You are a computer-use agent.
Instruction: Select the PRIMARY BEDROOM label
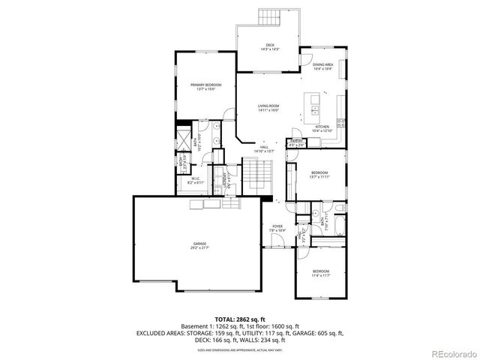(x=205, y=87)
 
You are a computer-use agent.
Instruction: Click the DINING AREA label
(x=323, y=66)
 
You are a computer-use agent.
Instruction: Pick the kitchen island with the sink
(x=314, y=109)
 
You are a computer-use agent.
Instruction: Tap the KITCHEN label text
(x=322, y=127)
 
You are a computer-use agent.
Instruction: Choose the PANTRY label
(x=296, y=142)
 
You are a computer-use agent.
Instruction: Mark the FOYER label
(x=277, y=226)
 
